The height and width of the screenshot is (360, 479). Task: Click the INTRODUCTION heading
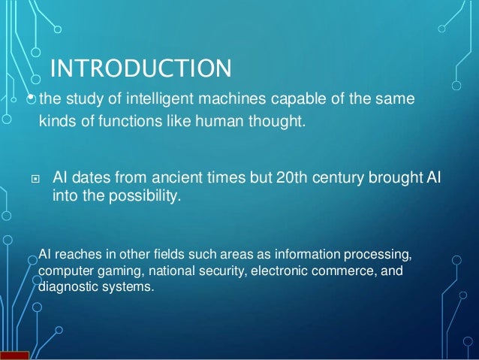140,71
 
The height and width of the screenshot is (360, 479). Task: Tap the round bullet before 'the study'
31,97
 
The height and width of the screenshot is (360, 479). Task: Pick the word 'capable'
273,98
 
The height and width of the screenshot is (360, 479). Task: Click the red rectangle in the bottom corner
14,355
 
